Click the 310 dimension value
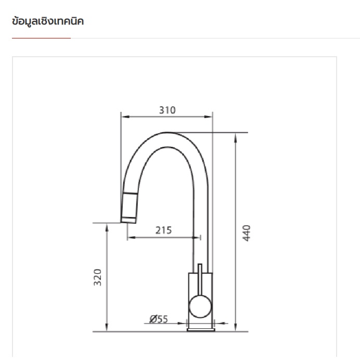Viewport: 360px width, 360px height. tap(168, 110)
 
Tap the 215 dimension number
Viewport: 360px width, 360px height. tap(163, 230)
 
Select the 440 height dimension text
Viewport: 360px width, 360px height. tap(247, 233)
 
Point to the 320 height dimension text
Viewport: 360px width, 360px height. tap(98, 277)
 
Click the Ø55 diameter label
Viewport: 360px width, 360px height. tap(159, 319)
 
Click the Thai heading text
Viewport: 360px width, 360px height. tap(48, 21)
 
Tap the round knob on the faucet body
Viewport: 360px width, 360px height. tap(200, 306)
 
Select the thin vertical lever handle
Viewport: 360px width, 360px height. tap(200, 280)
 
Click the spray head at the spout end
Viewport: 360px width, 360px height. tap(129, 208)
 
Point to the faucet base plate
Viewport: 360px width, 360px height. tap(201, 330)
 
